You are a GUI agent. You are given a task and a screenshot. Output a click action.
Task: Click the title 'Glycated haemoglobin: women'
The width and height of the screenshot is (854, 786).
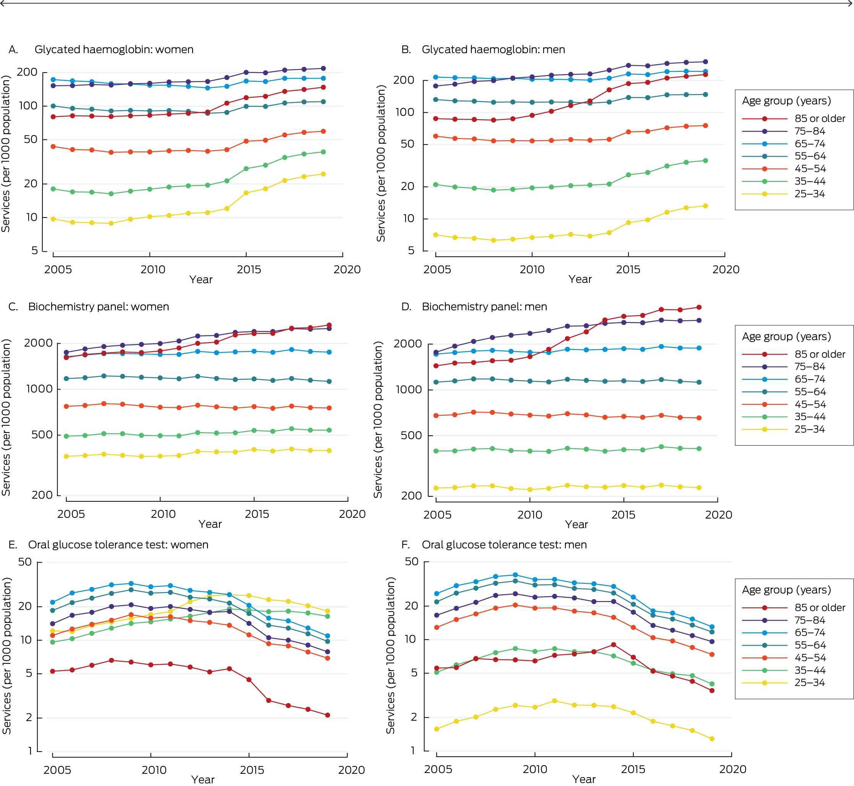coord(114,49)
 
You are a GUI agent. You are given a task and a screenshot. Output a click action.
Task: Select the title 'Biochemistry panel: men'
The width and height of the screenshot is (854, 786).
coord(484,307)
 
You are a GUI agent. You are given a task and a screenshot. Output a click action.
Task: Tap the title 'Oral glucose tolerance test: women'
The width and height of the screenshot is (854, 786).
coord(118,545)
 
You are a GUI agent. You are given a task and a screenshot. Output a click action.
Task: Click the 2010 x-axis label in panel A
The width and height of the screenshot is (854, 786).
coord(153,270)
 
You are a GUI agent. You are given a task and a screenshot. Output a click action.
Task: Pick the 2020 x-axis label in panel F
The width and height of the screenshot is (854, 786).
coord(732,769)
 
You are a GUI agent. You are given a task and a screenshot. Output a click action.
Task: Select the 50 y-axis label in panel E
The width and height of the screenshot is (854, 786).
coord(25,562)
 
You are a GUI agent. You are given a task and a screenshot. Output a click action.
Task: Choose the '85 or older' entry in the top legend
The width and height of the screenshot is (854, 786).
coord(820,119)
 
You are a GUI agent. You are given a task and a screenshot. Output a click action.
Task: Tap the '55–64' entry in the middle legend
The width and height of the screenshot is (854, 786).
coord(810,392)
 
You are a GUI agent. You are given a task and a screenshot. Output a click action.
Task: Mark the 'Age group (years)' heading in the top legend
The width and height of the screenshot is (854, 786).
coord(786,101)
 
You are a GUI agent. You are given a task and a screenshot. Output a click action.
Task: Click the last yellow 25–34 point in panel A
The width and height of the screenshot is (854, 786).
coord(323,174)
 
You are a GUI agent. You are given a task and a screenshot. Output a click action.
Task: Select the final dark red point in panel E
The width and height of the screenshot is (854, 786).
coord(328,715)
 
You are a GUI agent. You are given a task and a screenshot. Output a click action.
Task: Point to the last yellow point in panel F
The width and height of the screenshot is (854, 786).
coord(712,739)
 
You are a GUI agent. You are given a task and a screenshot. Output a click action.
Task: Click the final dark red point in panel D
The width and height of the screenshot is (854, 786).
coord(699,307)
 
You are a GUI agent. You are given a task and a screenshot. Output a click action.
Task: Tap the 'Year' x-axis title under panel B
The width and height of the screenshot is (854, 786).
coord(580,279)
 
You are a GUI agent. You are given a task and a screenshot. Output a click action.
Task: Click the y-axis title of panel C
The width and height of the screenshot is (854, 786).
coord(6,417)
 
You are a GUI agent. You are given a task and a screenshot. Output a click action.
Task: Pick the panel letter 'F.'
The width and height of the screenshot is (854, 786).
coord(406,545)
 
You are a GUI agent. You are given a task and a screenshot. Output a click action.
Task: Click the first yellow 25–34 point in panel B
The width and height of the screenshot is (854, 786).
coord(436,235)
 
